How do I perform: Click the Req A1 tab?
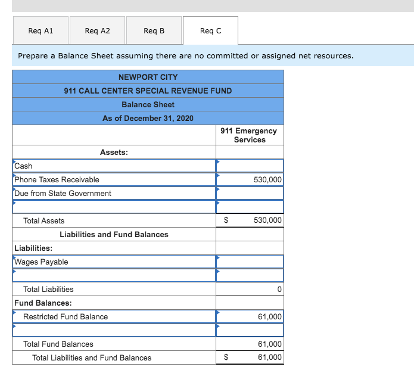click(x=41, y=30)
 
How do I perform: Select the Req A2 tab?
click(x=97, y=30)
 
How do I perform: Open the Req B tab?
click(x=154, y=30)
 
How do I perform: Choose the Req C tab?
click(x=210, y=30)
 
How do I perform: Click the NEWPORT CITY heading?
click(x=148, y=77)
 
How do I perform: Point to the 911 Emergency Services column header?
click(x=249, y=135)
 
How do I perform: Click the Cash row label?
click(x=24, y=166)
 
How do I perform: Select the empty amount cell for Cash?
click(x=250, y=166)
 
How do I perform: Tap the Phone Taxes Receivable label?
click(x=57, y=179)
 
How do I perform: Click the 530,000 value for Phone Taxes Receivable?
click(x=267, y=179)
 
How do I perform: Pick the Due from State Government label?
click(x=63, y=193)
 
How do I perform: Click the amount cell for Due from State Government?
click(x=250, y=193)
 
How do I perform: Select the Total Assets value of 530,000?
click(x=267, y=220)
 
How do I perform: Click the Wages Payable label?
click(x=41, y=262)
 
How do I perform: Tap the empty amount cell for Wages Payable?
click(x=250, y=262)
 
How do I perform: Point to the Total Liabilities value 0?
click(x=279, y=289)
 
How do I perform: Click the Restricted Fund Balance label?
click(x=66, y=316)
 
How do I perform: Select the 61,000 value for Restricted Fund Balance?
click(x=270, y=316)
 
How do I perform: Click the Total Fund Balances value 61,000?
click(x=270, y=344)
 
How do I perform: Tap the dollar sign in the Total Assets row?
click(x=226, y=220)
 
